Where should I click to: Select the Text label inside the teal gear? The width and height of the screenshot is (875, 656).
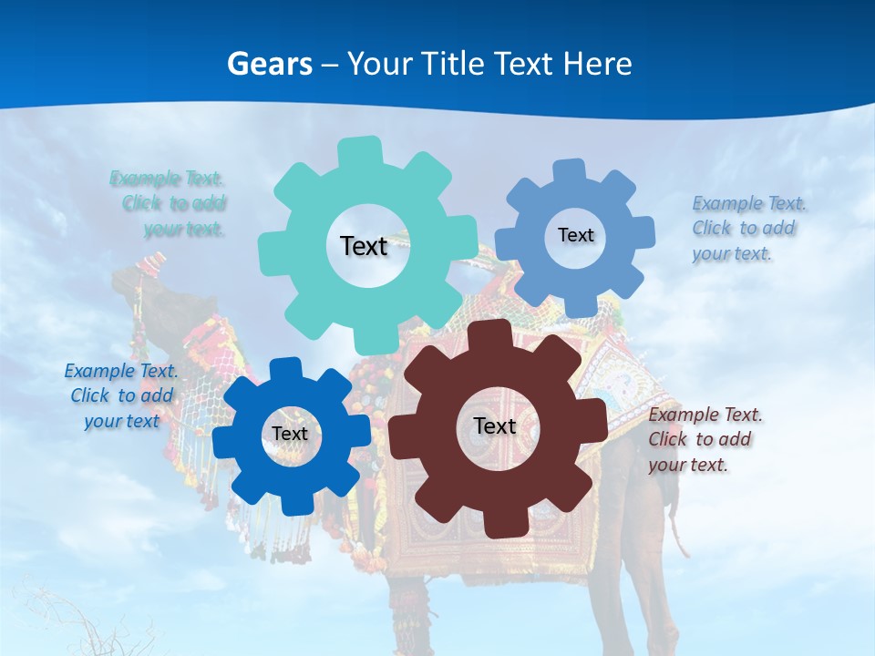pos(364,246)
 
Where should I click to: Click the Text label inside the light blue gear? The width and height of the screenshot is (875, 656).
pos(575,235)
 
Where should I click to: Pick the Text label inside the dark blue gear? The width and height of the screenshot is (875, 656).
pos(290,434)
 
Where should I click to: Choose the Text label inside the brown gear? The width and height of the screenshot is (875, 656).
pos(495,425)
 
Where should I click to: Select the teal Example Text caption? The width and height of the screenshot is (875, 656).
pos(169,203)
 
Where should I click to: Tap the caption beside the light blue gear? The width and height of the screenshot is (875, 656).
pos(747,228)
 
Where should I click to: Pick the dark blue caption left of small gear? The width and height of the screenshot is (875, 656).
pos(121,395)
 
